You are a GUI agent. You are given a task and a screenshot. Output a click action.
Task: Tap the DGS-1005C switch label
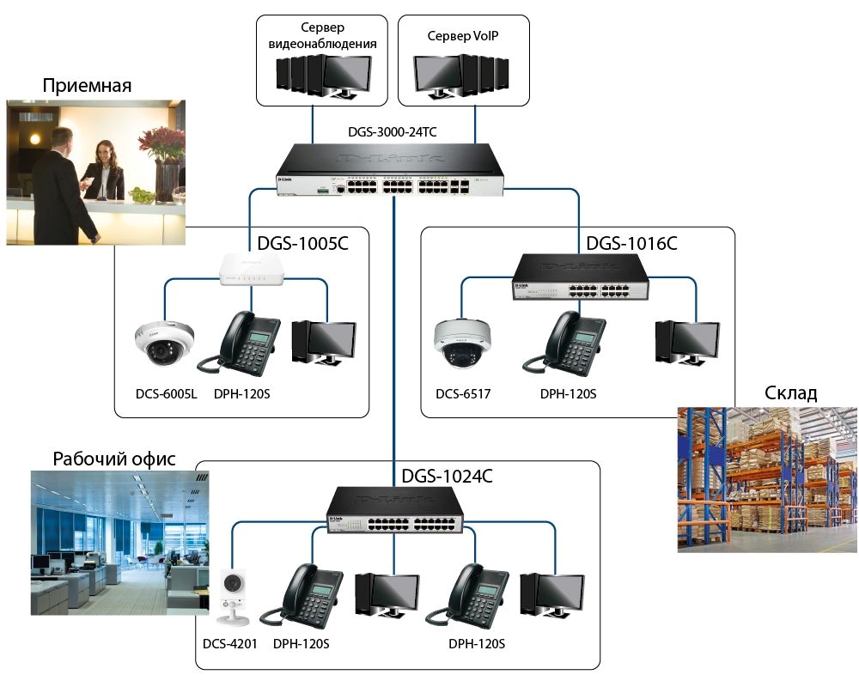point(303,243)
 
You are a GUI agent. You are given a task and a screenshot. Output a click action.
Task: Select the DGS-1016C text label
point(631,243)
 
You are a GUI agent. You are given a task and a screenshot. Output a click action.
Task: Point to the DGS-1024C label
point(447,476)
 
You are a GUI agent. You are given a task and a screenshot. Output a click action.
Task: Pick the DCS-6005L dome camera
point(164,342)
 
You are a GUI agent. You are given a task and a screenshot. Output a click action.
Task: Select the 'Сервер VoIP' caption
point(462,36)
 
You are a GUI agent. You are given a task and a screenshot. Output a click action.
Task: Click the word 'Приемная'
point(87,85)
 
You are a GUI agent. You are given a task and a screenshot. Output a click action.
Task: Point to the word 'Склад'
point(790,393)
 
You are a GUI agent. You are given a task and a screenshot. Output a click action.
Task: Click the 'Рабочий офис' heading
point(114,459)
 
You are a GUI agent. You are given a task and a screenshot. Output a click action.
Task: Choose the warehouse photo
point(767,477)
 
